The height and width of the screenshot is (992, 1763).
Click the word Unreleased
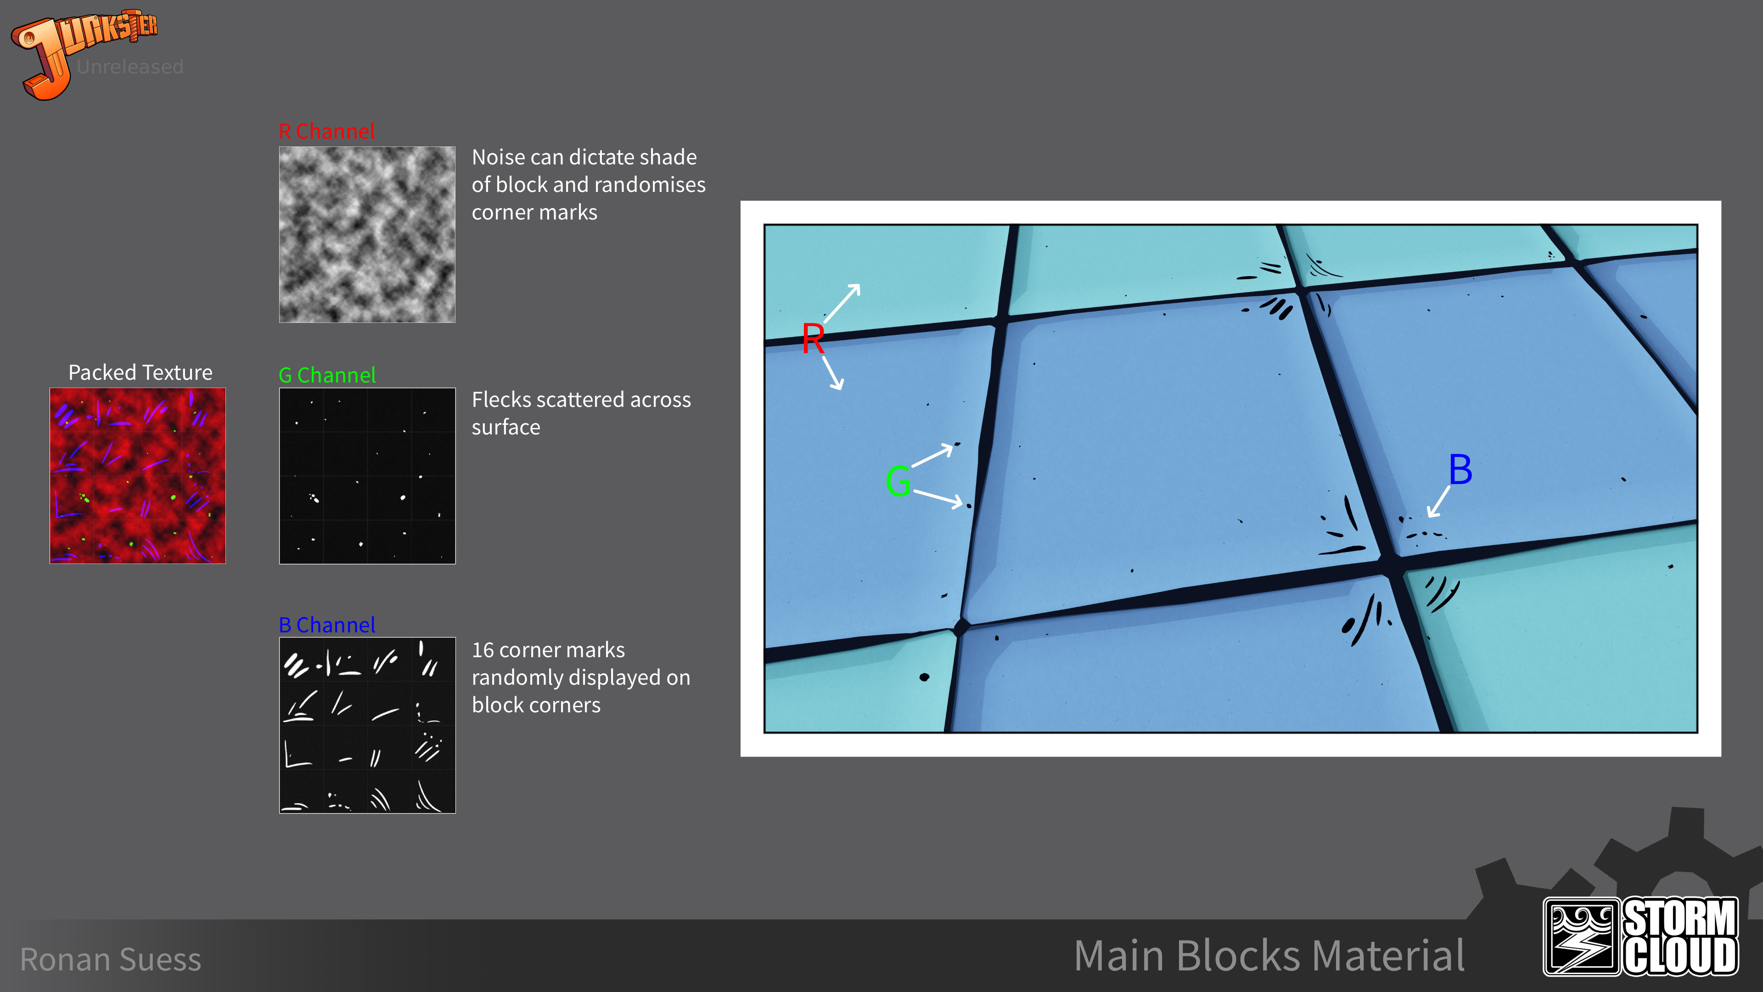130,67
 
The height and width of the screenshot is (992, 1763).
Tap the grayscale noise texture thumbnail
367,234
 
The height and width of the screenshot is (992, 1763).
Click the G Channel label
327,375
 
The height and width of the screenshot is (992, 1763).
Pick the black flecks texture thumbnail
367,476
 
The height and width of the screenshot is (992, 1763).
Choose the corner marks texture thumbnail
367,725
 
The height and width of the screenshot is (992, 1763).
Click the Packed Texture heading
140,372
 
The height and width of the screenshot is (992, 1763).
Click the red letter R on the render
813,339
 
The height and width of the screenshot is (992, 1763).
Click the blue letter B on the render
1460,470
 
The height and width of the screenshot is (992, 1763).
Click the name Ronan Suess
111,959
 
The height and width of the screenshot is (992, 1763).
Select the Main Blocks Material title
1269,956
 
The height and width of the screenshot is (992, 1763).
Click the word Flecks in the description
503,400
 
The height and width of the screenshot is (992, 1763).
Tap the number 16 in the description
483,650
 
